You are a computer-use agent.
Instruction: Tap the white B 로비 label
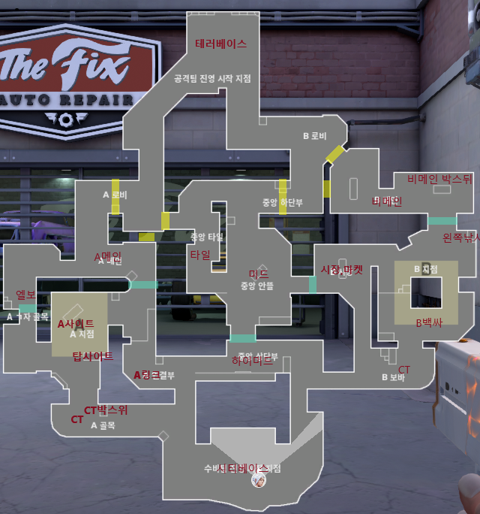click(x=315, y=136)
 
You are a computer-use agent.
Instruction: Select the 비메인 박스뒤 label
click(x=439, y=179)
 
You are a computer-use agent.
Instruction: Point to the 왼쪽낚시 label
click(x=462, y=237)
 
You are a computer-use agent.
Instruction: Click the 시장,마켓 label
click(x=342, y=270)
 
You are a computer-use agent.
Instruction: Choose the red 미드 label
click(x=259, y=274)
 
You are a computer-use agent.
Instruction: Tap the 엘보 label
click(x=26, y=295)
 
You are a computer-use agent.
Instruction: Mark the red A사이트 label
click(x=76, y=323)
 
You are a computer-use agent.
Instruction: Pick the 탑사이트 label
click(x=92, y=356)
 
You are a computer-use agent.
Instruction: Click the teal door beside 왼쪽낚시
click(x=442, y=221)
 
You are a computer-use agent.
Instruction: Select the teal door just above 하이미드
click(x=243, y=338)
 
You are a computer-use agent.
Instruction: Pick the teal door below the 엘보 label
click(x=28, y=308)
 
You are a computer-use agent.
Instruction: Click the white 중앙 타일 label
click(x=207, y=236)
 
